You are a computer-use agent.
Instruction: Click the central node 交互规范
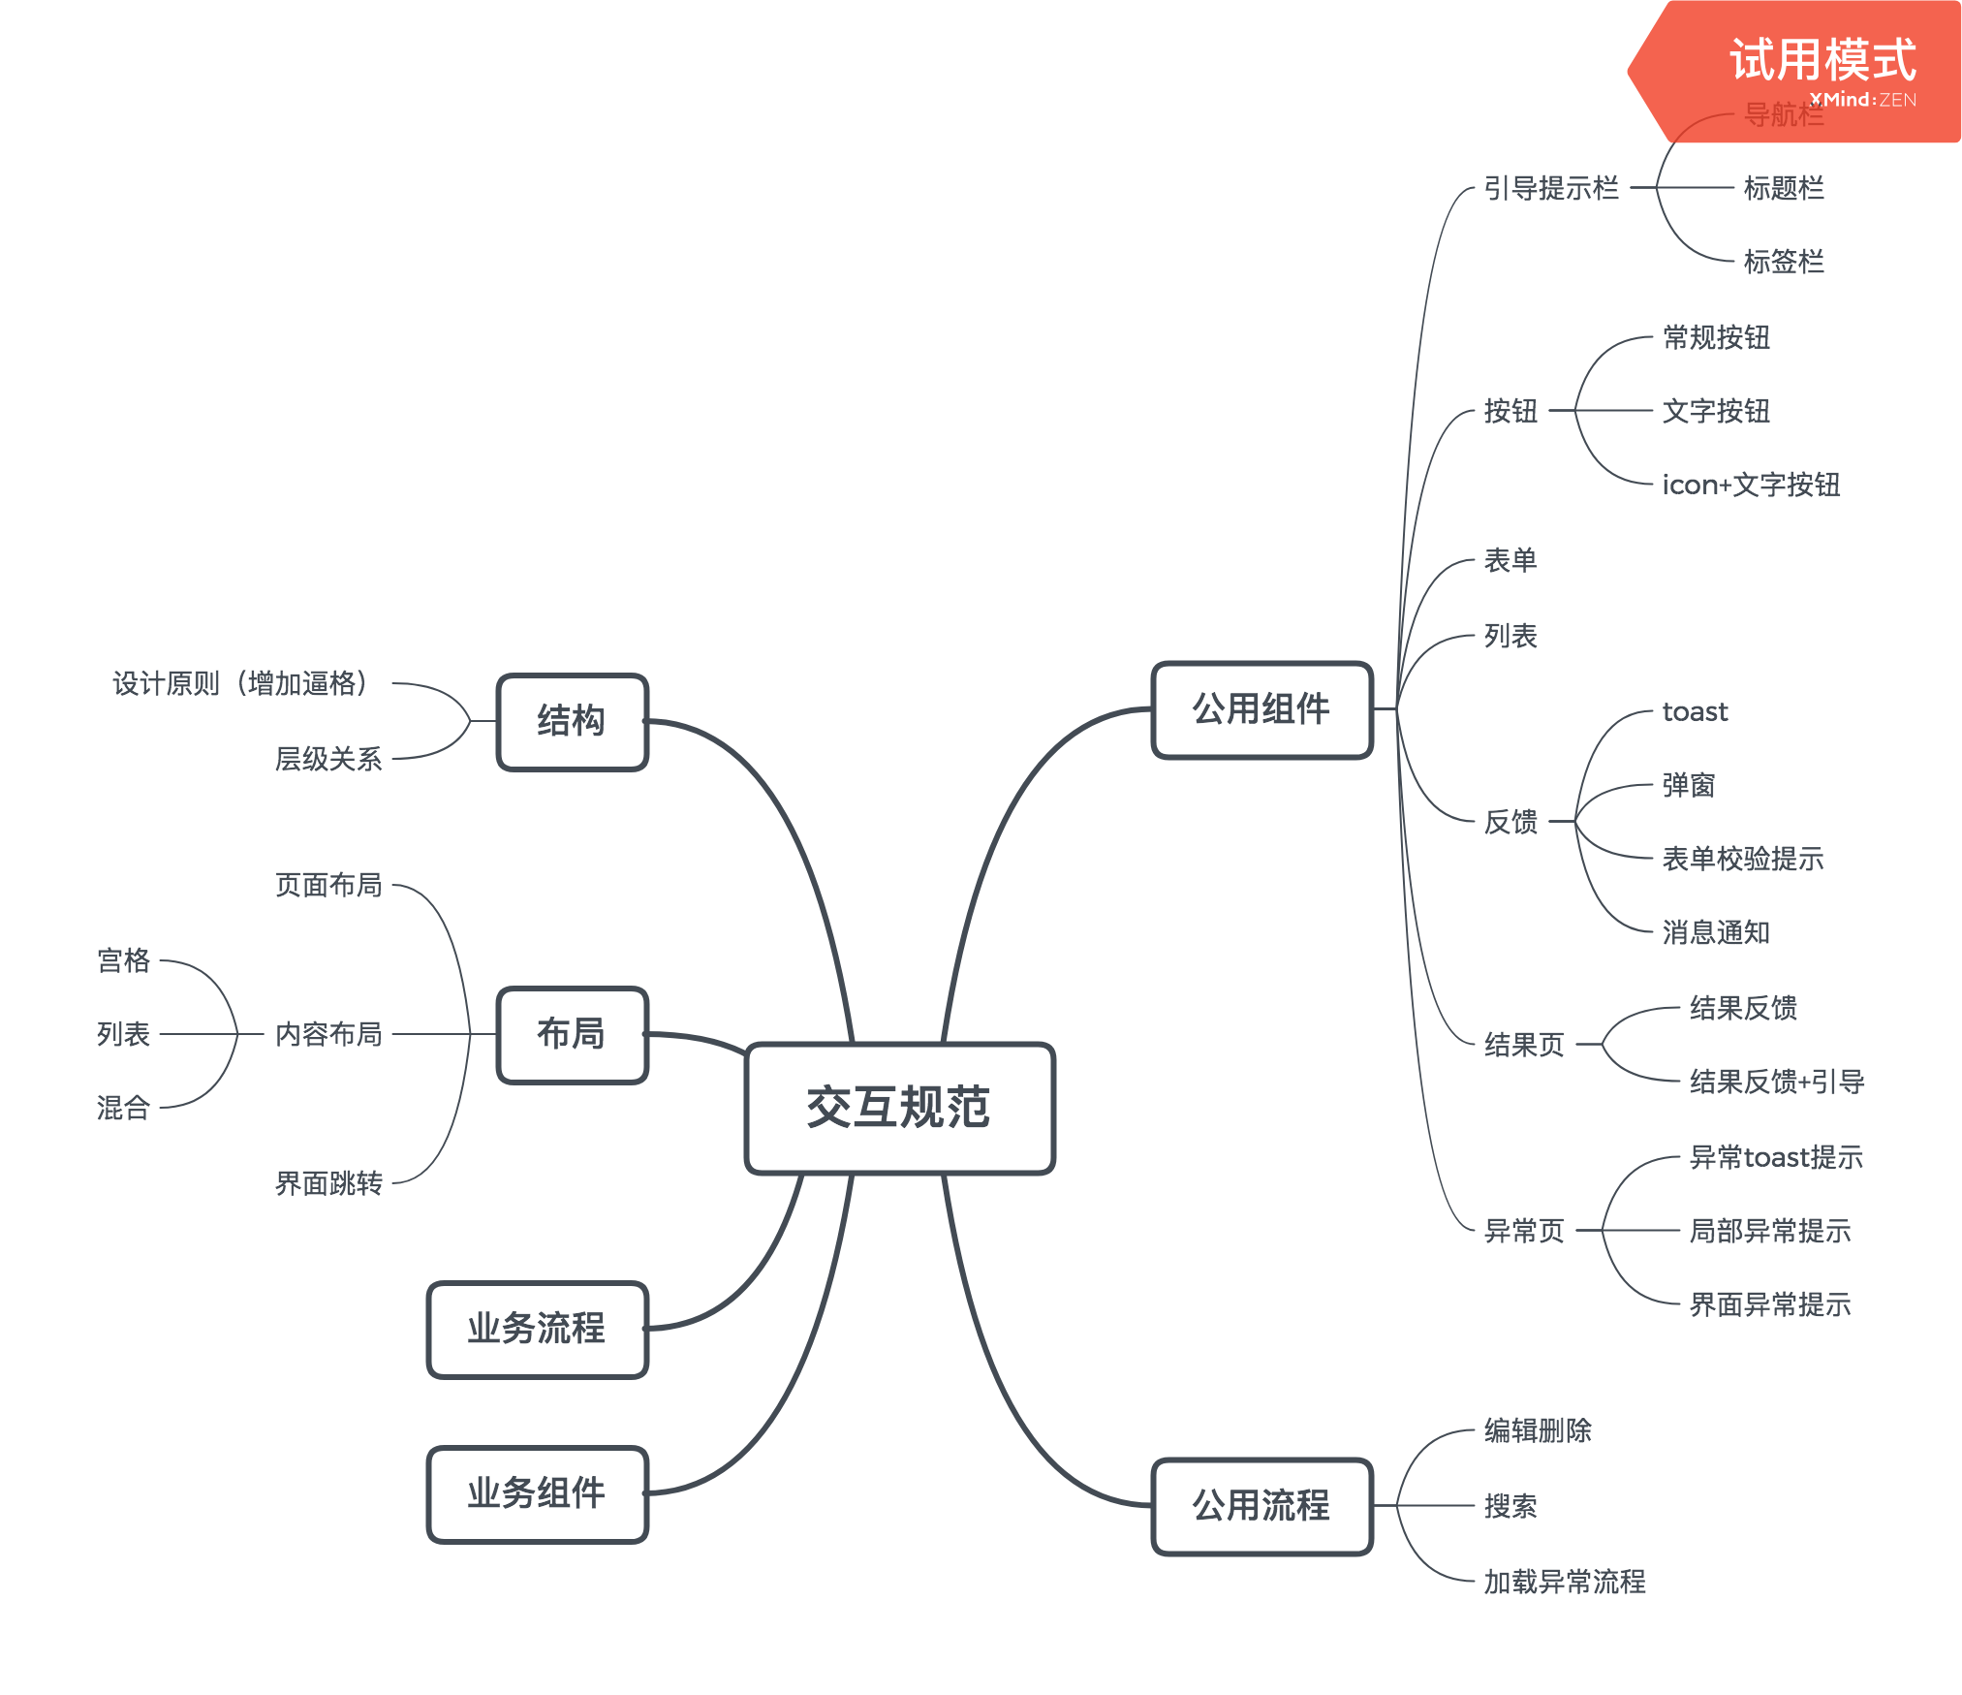(899, 1108)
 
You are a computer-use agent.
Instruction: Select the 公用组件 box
(1261, 709)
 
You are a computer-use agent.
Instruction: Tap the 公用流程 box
(1261, 1506)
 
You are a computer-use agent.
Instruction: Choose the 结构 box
(572, 721)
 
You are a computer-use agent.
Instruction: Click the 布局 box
(572, 1034)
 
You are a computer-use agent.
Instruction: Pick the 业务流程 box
(537, 1329)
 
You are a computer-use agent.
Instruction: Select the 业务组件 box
(537, 1493)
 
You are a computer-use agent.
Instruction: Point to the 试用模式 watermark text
(1822, 60)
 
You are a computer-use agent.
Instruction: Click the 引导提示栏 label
(1551, 188)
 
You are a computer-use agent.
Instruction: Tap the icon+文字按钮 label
(1751, 485)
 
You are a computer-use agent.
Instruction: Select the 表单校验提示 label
(1743, 859)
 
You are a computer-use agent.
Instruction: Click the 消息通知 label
(1716, 932)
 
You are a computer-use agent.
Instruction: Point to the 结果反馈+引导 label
(1777, 1082)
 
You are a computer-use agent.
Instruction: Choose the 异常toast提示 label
(1776, 1157)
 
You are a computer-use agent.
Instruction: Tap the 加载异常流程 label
(1565, 1582)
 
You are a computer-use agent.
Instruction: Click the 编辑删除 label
(1538, 1430)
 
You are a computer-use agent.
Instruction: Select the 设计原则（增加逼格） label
(240, 683)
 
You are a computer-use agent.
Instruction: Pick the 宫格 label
(124, 960)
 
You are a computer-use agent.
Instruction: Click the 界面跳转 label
(328, 1183)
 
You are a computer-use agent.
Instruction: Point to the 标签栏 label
(1784, 262)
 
